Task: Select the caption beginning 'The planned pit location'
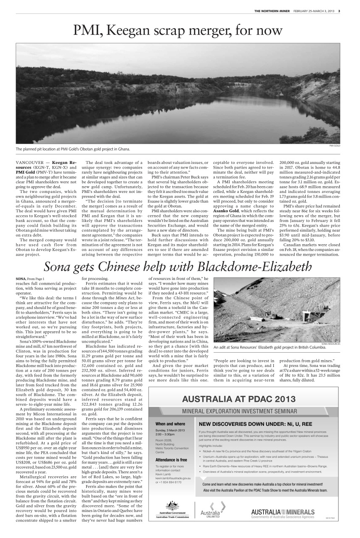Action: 73,149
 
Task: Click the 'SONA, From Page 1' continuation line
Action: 29,279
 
